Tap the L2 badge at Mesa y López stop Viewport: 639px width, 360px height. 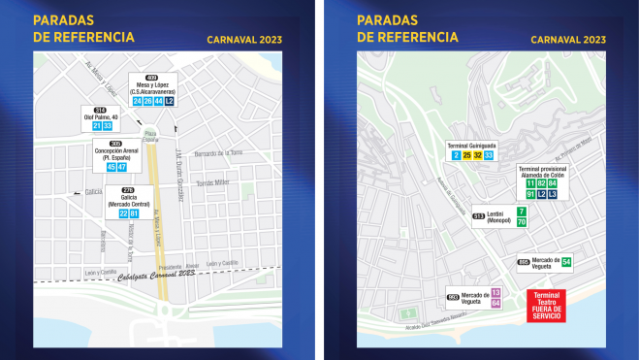(170, 101)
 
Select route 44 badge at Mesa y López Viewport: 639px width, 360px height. (158, 101)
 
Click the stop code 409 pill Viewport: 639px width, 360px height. (151, 77)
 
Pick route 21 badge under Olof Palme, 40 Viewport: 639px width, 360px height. (97, 126)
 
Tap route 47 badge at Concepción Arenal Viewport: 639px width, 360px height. (122, 167)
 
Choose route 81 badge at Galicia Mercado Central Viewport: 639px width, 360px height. (134, 213)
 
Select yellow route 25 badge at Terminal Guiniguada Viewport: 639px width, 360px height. (466, 155)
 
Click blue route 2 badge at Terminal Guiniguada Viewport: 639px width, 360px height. (455, 155)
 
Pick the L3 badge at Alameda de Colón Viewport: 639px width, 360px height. (553, 194)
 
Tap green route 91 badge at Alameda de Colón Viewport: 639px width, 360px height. (530, 194)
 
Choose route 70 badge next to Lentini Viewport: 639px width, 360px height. (522, 222)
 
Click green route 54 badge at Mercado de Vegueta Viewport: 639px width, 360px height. (566, 261)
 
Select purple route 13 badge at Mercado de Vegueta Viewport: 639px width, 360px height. (495, 292)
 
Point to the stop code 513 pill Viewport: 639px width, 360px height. (477, 216)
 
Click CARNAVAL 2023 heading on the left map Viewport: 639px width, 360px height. (243, 40)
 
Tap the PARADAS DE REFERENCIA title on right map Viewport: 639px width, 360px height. (407, 28)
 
